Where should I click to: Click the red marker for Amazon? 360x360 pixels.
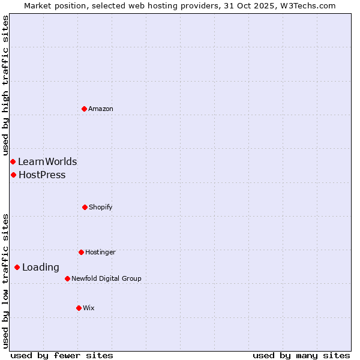(x=84, y=109)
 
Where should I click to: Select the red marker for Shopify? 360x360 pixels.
(x=85, y=207)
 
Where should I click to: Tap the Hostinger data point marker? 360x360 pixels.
(x=81, y=252)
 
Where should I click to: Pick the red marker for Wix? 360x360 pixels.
(x=79, y=308)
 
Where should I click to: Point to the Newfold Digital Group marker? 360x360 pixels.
(x=67, y=278)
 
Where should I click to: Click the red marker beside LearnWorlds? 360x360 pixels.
(x=13, y=161)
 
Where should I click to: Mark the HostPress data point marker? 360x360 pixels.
(x=13, y=175)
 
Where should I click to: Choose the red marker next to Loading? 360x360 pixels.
(x=17, y=267)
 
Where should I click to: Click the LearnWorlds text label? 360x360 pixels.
(x=47, y=161)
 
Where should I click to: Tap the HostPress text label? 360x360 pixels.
(x=42, y=175)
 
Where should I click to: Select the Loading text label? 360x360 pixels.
(x=41, y=268)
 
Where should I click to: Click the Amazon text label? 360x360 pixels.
(x=101, y=109)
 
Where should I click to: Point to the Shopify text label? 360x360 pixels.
(x=101, y=207)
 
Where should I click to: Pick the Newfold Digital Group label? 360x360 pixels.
(x=106, y=278)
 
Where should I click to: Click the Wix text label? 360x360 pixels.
(x=89, y=308)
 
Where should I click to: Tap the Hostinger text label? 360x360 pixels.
(x=100, y=252)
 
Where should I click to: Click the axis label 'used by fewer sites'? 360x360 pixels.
(x=62, y=355)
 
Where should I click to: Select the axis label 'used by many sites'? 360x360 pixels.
(x=301, y=355)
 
